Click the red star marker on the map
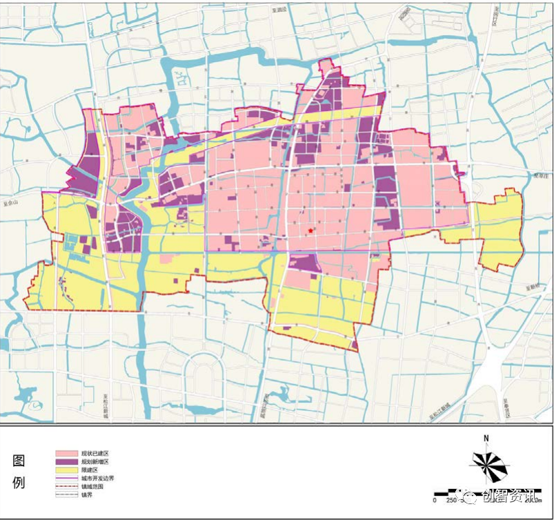click(311, 230)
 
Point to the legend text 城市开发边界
click(96, 478)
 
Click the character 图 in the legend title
click(19, 461)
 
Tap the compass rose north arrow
click(488, 467)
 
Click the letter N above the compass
click(486, 439)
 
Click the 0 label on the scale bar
click(435, 500)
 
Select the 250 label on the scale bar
click(451, 500)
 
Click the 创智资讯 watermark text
click(511, 497)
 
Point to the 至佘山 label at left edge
click(13, 204)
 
